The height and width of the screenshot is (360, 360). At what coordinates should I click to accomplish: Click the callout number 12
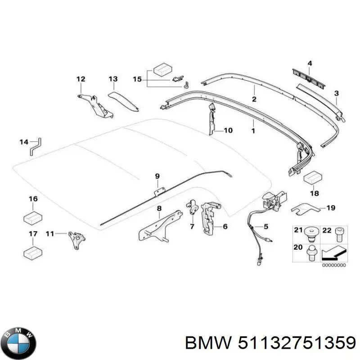coord(81,79)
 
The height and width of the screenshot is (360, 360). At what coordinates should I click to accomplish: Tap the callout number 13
coord(112,79)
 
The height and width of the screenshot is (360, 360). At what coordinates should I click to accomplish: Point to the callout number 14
coord(23,143)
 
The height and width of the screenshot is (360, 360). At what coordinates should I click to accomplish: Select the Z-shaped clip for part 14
coord(35,146)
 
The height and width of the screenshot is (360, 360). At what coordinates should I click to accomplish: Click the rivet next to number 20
coord(310,251)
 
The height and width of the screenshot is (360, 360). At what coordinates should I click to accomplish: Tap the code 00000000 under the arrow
coord(334,265)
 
